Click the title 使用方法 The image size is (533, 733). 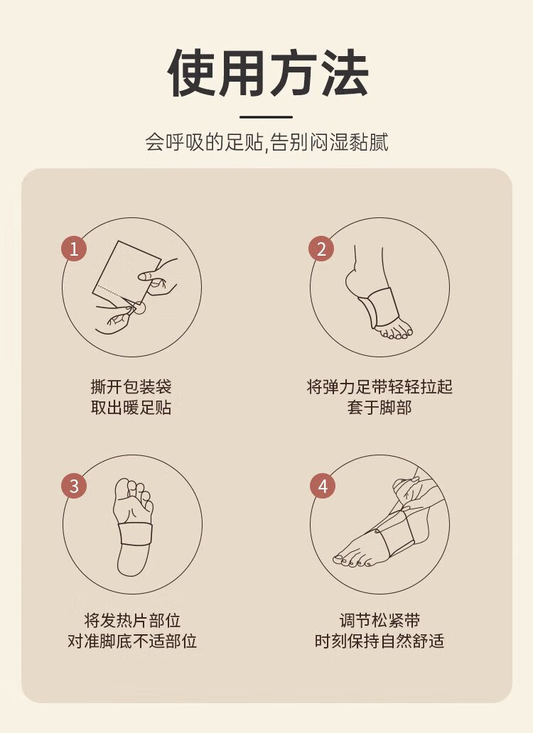click(x=268, y=73)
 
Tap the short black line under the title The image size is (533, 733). click(x=266, y=117)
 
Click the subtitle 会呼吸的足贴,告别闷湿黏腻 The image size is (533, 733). click(x=266, y=142)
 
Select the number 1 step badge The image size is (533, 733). click(x=74, y=249)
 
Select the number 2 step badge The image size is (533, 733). click(x=321, y=249)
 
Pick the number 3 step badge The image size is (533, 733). click(x=74, y=486)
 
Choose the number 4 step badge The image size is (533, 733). click(x=323, y=486)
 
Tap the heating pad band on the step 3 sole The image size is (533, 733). click(x=135, y=533)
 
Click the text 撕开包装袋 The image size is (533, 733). click(x=131, y=386)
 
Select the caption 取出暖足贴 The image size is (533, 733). click(x=131, y=407)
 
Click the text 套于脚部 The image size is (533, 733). click(x=379, y=407)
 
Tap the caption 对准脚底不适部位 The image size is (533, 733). click(x=132, y=641)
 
